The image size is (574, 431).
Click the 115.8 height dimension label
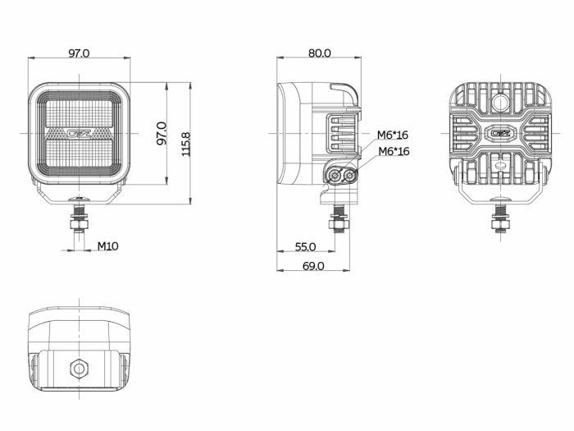click(186, 144)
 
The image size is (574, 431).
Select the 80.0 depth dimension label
click(319, 53)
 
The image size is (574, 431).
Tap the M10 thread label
click(107, 246)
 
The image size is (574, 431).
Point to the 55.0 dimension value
click(305, 247)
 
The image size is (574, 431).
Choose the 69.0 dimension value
click(313, 266)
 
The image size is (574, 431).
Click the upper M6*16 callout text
click(393, 135)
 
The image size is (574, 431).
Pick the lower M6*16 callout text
click(394, 151)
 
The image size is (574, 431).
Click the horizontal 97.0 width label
click(79, 53)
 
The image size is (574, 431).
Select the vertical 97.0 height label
click(162, 133)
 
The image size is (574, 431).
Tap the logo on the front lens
click(79, 133)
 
